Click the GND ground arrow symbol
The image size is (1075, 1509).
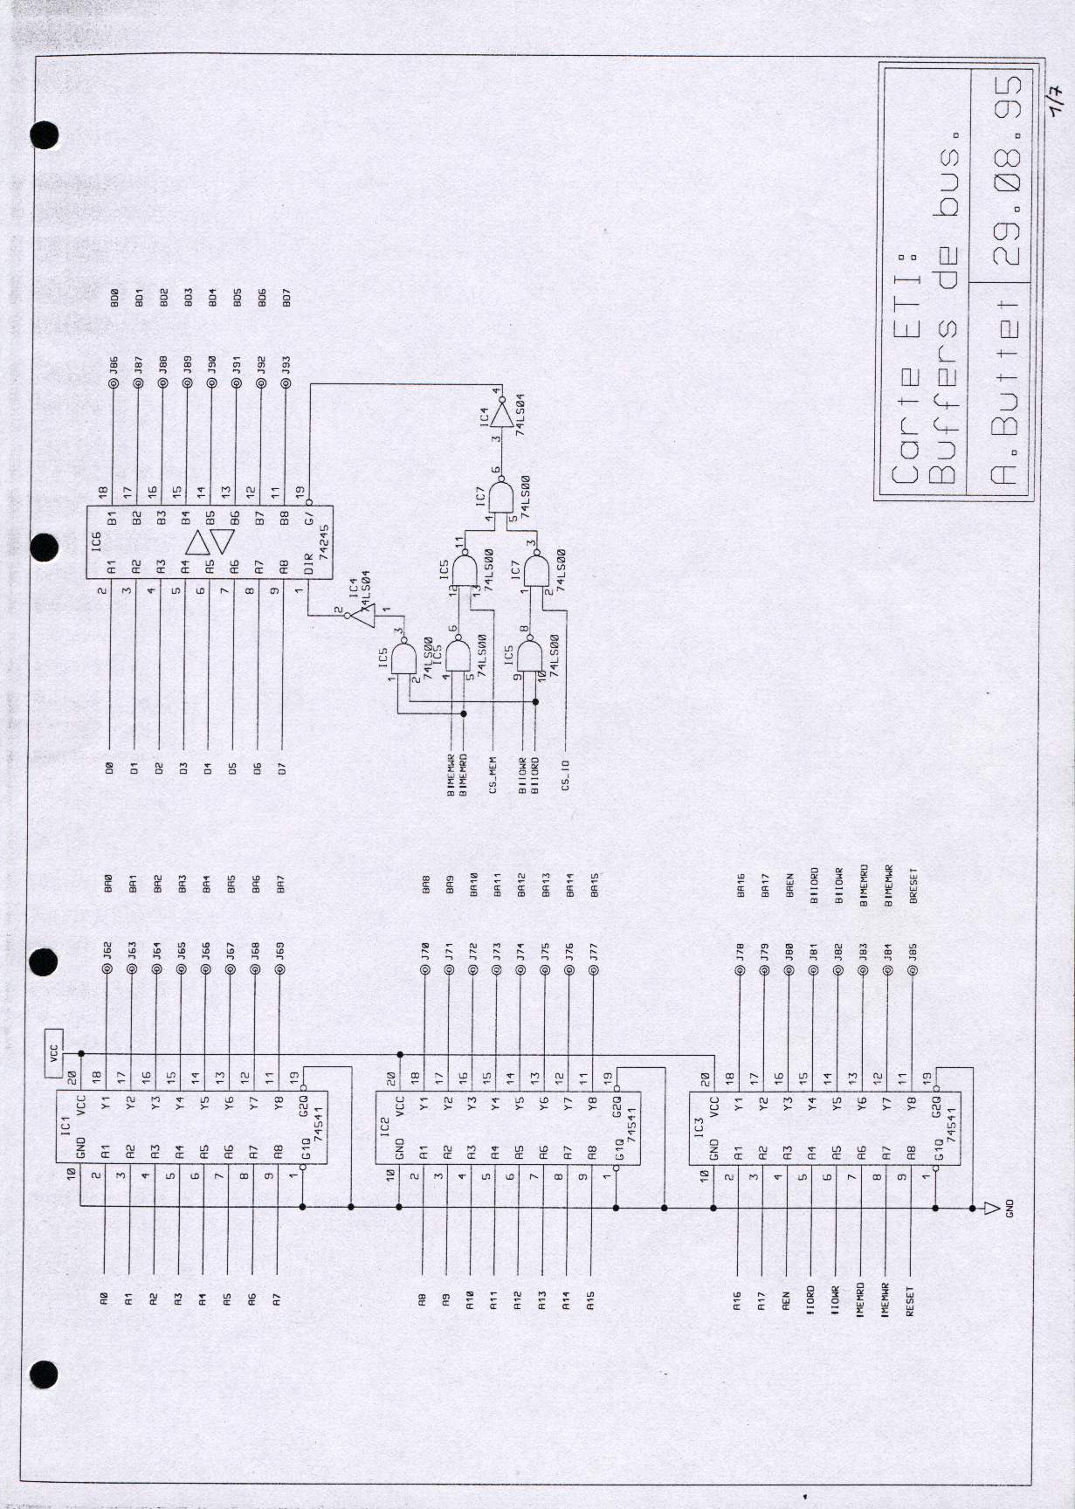990,1208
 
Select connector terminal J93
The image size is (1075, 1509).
285,367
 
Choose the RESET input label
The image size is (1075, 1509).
910,1301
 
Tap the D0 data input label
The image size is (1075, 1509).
109,768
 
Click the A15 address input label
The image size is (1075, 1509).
591,1300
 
